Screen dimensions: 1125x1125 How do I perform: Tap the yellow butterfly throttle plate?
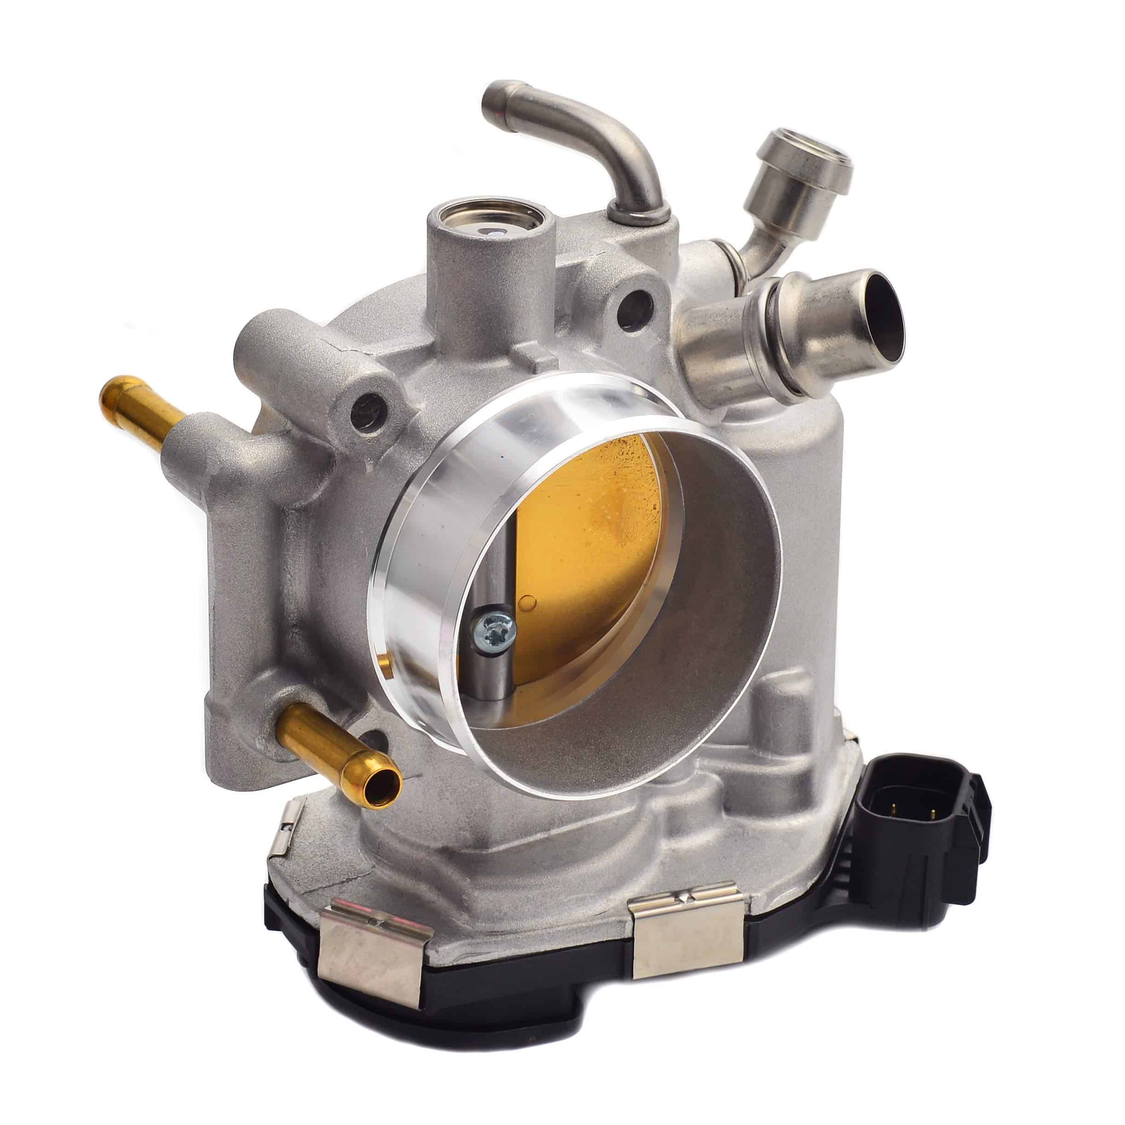(x=588, y=524)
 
